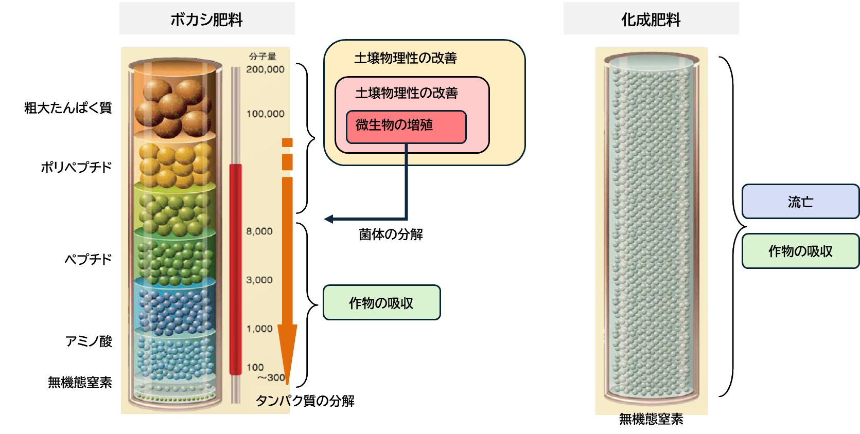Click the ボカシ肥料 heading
(206, 20)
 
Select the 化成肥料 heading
(651, 20)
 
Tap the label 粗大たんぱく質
(68, 108)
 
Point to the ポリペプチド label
(76, 168)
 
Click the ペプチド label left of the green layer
(88, 259)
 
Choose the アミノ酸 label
(89, 341)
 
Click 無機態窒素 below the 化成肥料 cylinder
(651, 419)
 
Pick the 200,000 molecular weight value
(265, 69)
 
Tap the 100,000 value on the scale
(265, 114)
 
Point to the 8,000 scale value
(259, 231)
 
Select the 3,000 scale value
(259, 280)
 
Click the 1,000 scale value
(259, 329)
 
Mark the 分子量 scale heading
(262, 57)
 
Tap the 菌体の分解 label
(391, 234)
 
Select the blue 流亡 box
(800, 202)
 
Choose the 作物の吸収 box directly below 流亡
(800, 251)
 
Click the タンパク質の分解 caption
(305, 401)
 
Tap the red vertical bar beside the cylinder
(235, 267)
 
